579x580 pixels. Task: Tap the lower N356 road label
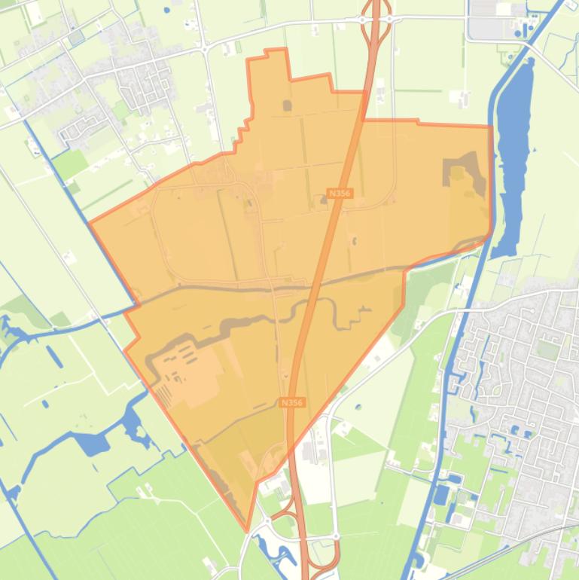(291, 403)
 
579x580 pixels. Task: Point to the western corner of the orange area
(90, 223)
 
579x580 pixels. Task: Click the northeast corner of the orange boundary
(491, 127)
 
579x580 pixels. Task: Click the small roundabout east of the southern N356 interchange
(336, 536)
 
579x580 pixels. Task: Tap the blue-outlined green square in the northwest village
(75, 37)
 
